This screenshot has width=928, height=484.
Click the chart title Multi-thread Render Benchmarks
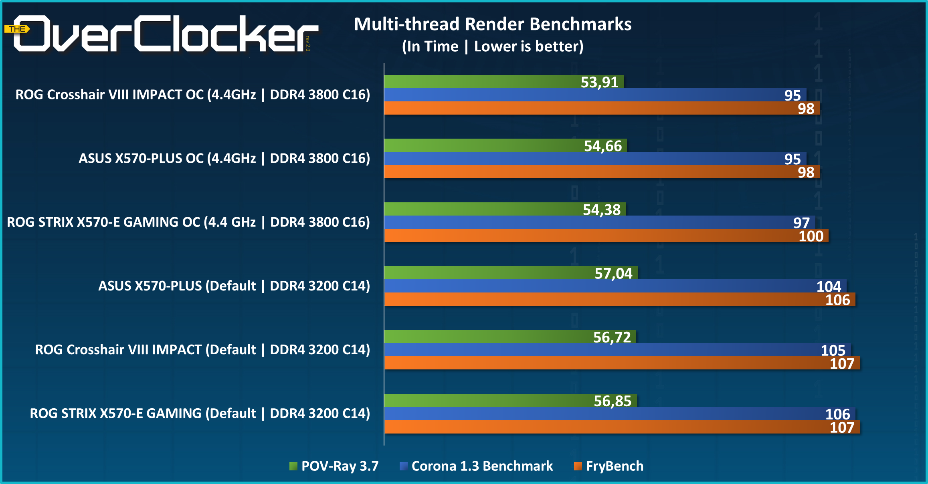click(x=493, y=24)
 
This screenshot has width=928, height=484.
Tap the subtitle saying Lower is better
click(x=528, y=46)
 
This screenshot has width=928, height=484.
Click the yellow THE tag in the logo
click(x=17, y=29)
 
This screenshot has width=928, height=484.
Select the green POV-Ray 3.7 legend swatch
click(x=293, y=466)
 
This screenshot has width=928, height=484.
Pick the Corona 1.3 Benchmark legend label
click(x=482, y=466)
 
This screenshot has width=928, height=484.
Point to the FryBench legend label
click(x=615, y=466)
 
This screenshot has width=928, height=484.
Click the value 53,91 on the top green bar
click(x=599, y=82)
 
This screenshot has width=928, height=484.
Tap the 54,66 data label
click(x=602, y=146)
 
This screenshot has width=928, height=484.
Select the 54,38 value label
click(x=601, y=210)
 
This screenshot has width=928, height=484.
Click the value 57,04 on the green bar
click(x=613, y=273)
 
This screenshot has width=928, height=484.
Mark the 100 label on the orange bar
click(x=811, y=236)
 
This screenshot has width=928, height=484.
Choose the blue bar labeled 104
click(x=601, y=286)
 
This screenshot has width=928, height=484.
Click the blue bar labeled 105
click(x=601, y=350)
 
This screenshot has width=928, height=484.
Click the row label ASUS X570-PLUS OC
click(x=224, y=158)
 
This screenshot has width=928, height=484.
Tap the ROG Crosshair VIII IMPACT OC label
click(x=192, y=95)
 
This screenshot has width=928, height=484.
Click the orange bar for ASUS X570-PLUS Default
click(x=601, y=299)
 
